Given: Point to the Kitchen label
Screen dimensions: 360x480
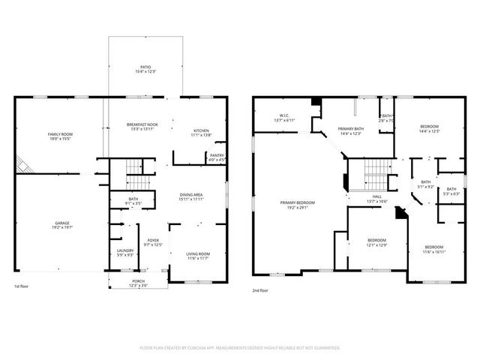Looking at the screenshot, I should point(202,130).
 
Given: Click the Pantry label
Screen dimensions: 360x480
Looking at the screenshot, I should point(217,155).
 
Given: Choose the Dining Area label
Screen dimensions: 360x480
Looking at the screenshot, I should point(191,195).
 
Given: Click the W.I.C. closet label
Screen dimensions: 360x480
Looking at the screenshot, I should point(284,115).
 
